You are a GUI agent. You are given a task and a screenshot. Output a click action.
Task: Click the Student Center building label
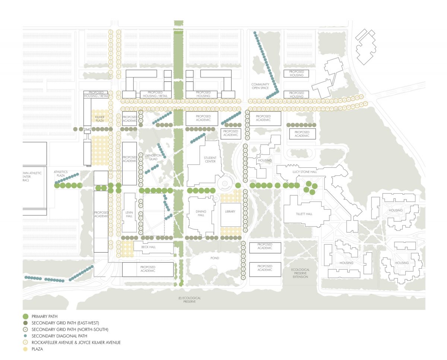pos(210,160)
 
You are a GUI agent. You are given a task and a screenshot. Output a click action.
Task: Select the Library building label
pos(230,212)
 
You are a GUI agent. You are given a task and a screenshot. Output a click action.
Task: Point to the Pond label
pos(215,258)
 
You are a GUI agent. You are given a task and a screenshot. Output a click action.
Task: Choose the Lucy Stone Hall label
pos(302,172)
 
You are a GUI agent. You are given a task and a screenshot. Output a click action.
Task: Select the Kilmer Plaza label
pos(99,119)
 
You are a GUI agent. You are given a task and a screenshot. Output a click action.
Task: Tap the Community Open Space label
pos(260,86)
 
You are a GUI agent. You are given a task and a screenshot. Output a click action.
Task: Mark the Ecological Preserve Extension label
pos(300,273)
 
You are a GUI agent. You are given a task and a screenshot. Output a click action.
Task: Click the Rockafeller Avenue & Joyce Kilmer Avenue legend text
pos(76,342)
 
